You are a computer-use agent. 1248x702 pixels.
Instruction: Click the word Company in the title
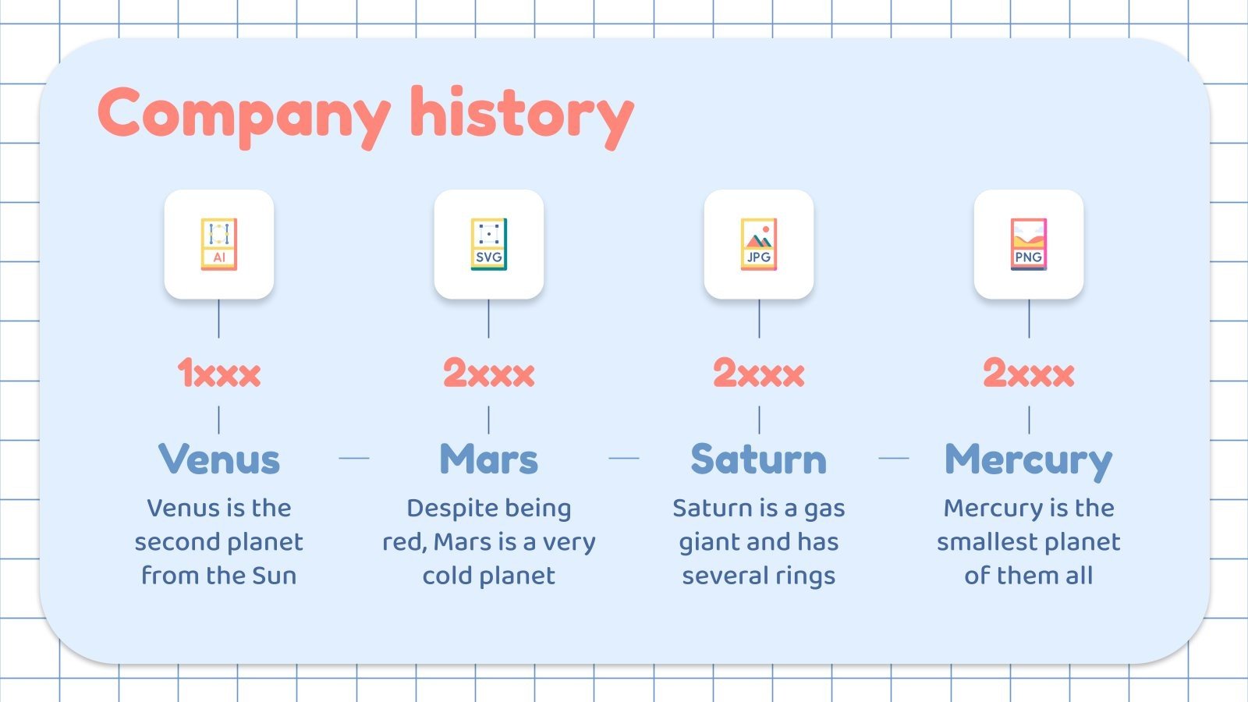(244, 118)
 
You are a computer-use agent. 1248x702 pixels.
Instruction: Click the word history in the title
(522, 118)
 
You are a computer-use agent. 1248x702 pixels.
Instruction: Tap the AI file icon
(219, 244)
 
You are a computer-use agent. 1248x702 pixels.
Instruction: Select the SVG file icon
(488, 244)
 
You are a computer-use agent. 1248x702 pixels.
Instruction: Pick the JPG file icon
(759, 244)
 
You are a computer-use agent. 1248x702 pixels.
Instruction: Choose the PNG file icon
(1029, 244)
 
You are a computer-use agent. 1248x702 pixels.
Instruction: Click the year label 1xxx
(219, 374)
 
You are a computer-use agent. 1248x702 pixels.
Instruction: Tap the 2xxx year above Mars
(488, 374)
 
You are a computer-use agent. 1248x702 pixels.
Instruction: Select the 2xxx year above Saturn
(759, 374)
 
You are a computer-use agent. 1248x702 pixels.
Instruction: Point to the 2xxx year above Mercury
(1029, 374)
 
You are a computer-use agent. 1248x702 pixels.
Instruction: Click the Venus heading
(219, 459)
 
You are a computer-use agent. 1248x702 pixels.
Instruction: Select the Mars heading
(488, 459)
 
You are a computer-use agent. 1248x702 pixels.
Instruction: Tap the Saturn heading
(759, 459)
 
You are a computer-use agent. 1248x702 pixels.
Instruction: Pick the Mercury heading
(1029, 461)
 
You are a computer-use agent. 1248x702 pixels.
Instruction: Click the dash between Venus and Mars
(354, 458)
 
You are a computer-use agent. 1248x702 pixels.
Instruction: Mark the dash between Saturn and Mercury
(894, 458)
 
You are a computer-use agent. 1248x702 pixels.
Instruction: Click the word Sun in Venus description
(274, 576)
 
